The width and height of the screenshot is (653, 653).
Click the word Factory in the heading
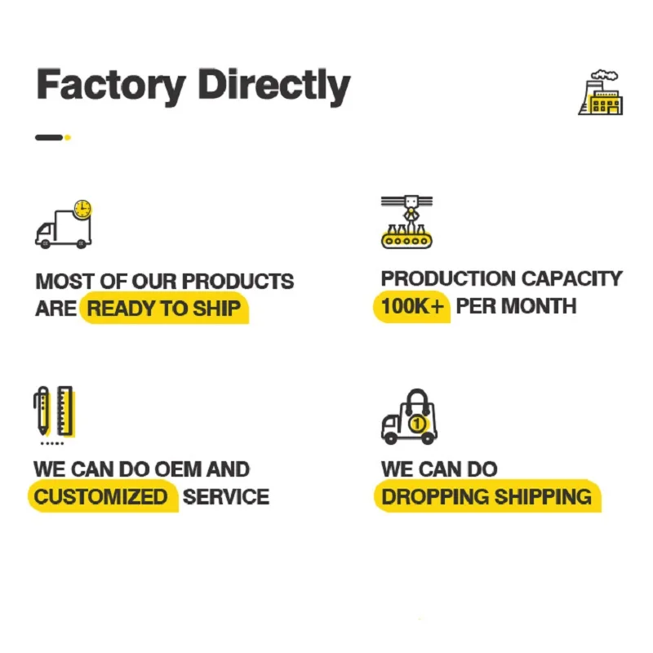(x=111, y=85)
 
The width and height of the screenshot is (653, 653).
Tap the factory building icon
(x=600, y=92)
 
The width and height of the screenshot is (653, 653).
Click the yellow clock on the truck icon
(x=82, y=209)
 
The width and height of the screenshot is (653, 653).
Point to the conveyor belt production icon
(x=406, y=221)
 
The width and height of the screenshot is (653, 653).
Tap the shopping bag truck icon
(x=409, y=417)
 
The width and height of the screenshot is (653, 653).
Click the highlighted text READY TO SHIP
(x=164, y=309)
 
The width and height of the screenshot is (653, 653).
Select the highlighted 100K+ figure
(x=412, y=307)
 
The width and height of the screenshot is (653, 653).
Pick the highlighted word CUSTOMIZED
(x=100, y=496)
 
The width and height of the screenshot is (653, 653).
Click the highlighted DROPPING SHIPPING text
(x=486, y=496)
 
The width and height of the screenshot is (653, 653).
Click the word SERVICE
(x=226, y=496)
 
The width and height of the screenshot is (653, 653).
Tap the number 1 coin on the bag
(x=418, y=424)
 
